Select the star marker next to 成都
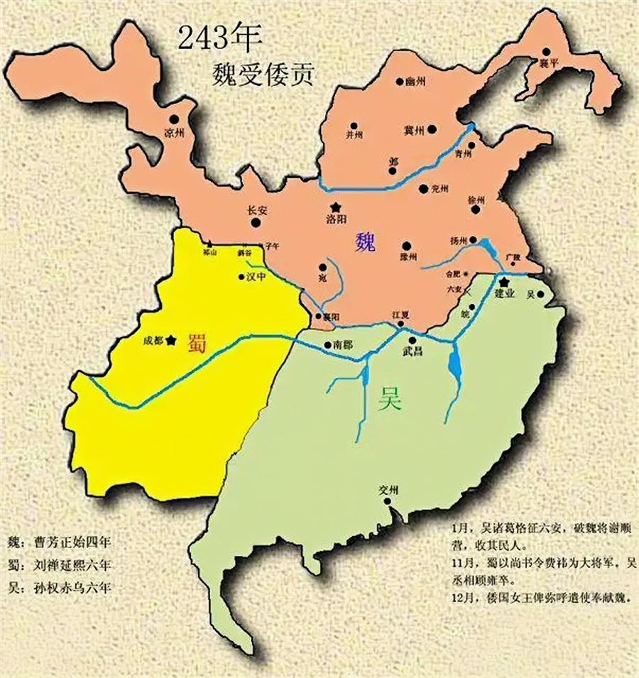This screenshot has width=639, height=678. pos(171,340)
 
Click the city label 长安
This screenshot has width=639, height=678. pos(255,210)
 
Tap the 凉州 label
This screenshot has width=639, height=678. pos(174,133)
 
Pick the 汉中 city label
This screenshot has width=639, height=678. pos(255,278)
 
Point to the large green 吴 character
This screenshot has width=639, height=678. pos(389,401)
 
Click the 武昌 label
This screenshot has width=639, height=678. pos(412,351)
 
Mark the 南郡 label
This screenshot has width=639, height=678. pos(342,345)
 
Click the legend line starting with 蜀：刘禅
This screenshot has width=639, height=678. pos(62,565)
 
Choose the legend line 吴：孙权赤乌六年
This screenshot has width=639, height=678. pos(62,587)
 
